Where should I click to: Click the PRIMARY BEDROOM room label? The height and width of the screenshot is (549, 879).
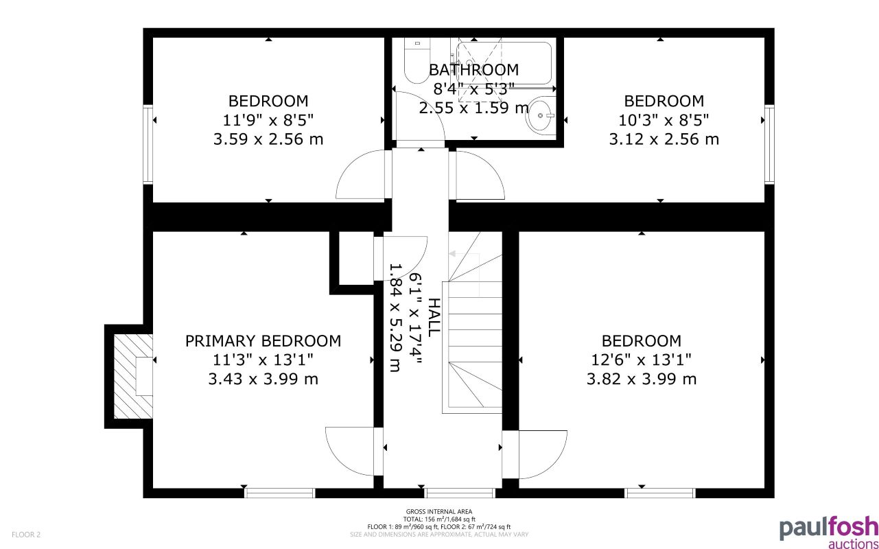263,341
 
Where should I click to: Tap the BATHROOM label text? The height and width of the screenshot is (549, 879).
473,70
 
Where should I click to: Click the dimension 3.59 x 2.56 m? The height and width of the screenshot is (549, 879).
268,139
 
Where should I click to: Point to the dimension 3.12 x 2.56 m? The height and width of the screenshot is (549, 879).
664,139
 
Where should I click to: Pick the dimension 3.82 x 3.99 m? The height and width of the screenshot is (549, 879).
642,379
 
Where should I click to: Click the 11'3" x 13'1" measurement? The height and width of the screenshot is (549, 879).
263,360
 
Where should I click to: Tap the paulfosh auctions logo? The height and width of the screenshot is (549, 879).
828,531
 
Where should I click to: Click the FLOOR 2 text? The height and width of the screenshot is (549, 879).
26,534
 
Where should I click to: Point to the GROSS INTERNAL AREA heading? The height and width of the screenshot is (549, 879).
439,512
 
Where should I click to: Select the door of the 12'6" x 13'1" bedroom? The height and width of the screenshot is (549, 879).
542,454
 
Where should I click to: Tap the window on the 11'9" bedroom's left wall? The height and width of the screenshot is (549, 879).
148,143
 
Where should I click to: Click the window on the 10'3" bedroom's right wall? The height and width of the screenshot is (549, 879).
769,143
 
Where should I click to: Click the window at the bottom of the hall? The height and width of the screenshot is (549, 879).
460,493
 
